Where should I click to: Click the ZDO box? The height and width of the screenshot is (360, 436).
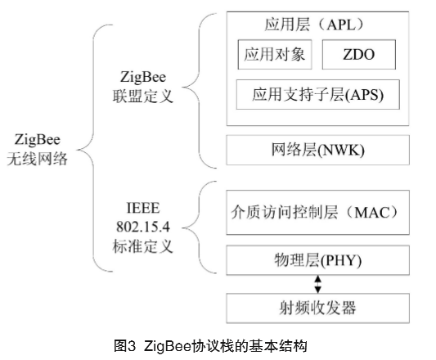pos(359,55)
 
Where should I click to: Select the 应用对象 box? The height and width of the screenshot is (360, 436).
pos(275,55)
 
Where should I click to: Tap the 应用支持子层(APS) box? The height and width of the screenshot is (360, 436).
pos(318,94)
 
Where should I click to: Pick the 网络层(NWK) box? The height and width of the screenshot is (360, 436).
pos(318,150)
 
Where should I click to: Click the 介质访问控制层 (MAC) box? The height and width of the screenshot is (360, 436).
pos(318,213)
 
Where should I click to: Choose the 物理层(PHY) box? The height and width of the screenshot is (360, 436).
pos(318,260)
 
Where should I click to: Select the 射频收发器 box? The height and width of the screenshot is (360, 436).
pos(318,308)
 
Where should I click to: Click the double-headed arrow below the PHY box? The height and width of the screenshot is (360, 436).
pos(318,285)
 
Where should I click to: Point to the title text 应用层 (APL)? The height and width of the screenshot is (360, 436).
pos(314,25)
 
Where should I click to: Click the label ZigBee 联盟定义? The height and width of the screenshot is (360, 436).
pos(143,87)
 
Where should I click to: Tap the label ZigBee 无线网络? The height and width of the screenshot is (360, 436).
pos(38,150)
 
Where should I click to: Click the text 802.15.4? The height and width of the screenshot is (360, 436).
pos(143,227)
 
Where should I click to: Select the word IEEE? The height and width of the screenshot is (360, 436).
pos(143,208)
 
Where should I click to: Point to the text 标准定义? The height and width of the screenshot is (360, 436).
pos(143,246)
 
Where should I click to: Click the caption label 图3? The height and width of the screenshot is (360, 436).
pos(125,346)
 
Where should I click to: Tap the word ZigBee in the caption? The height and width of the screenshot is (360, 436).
pos(168,346)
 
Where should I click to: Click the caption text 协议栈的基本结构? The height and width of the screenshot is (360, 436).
pos(249,346)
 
